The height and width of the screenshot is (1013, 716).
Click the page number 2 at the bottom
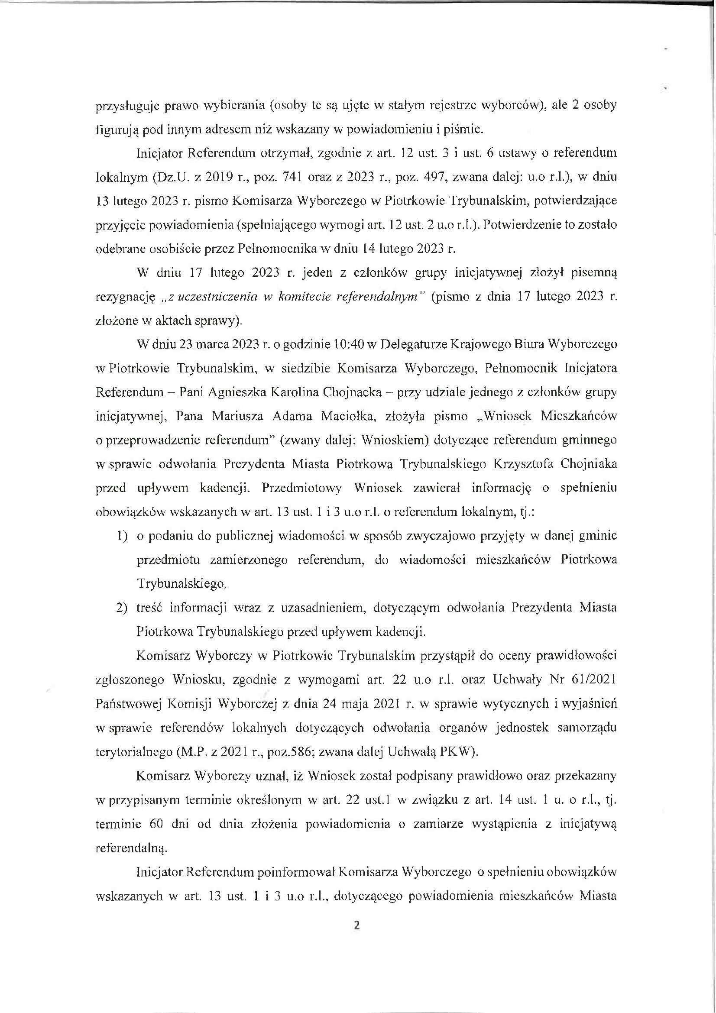point(357,925)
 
